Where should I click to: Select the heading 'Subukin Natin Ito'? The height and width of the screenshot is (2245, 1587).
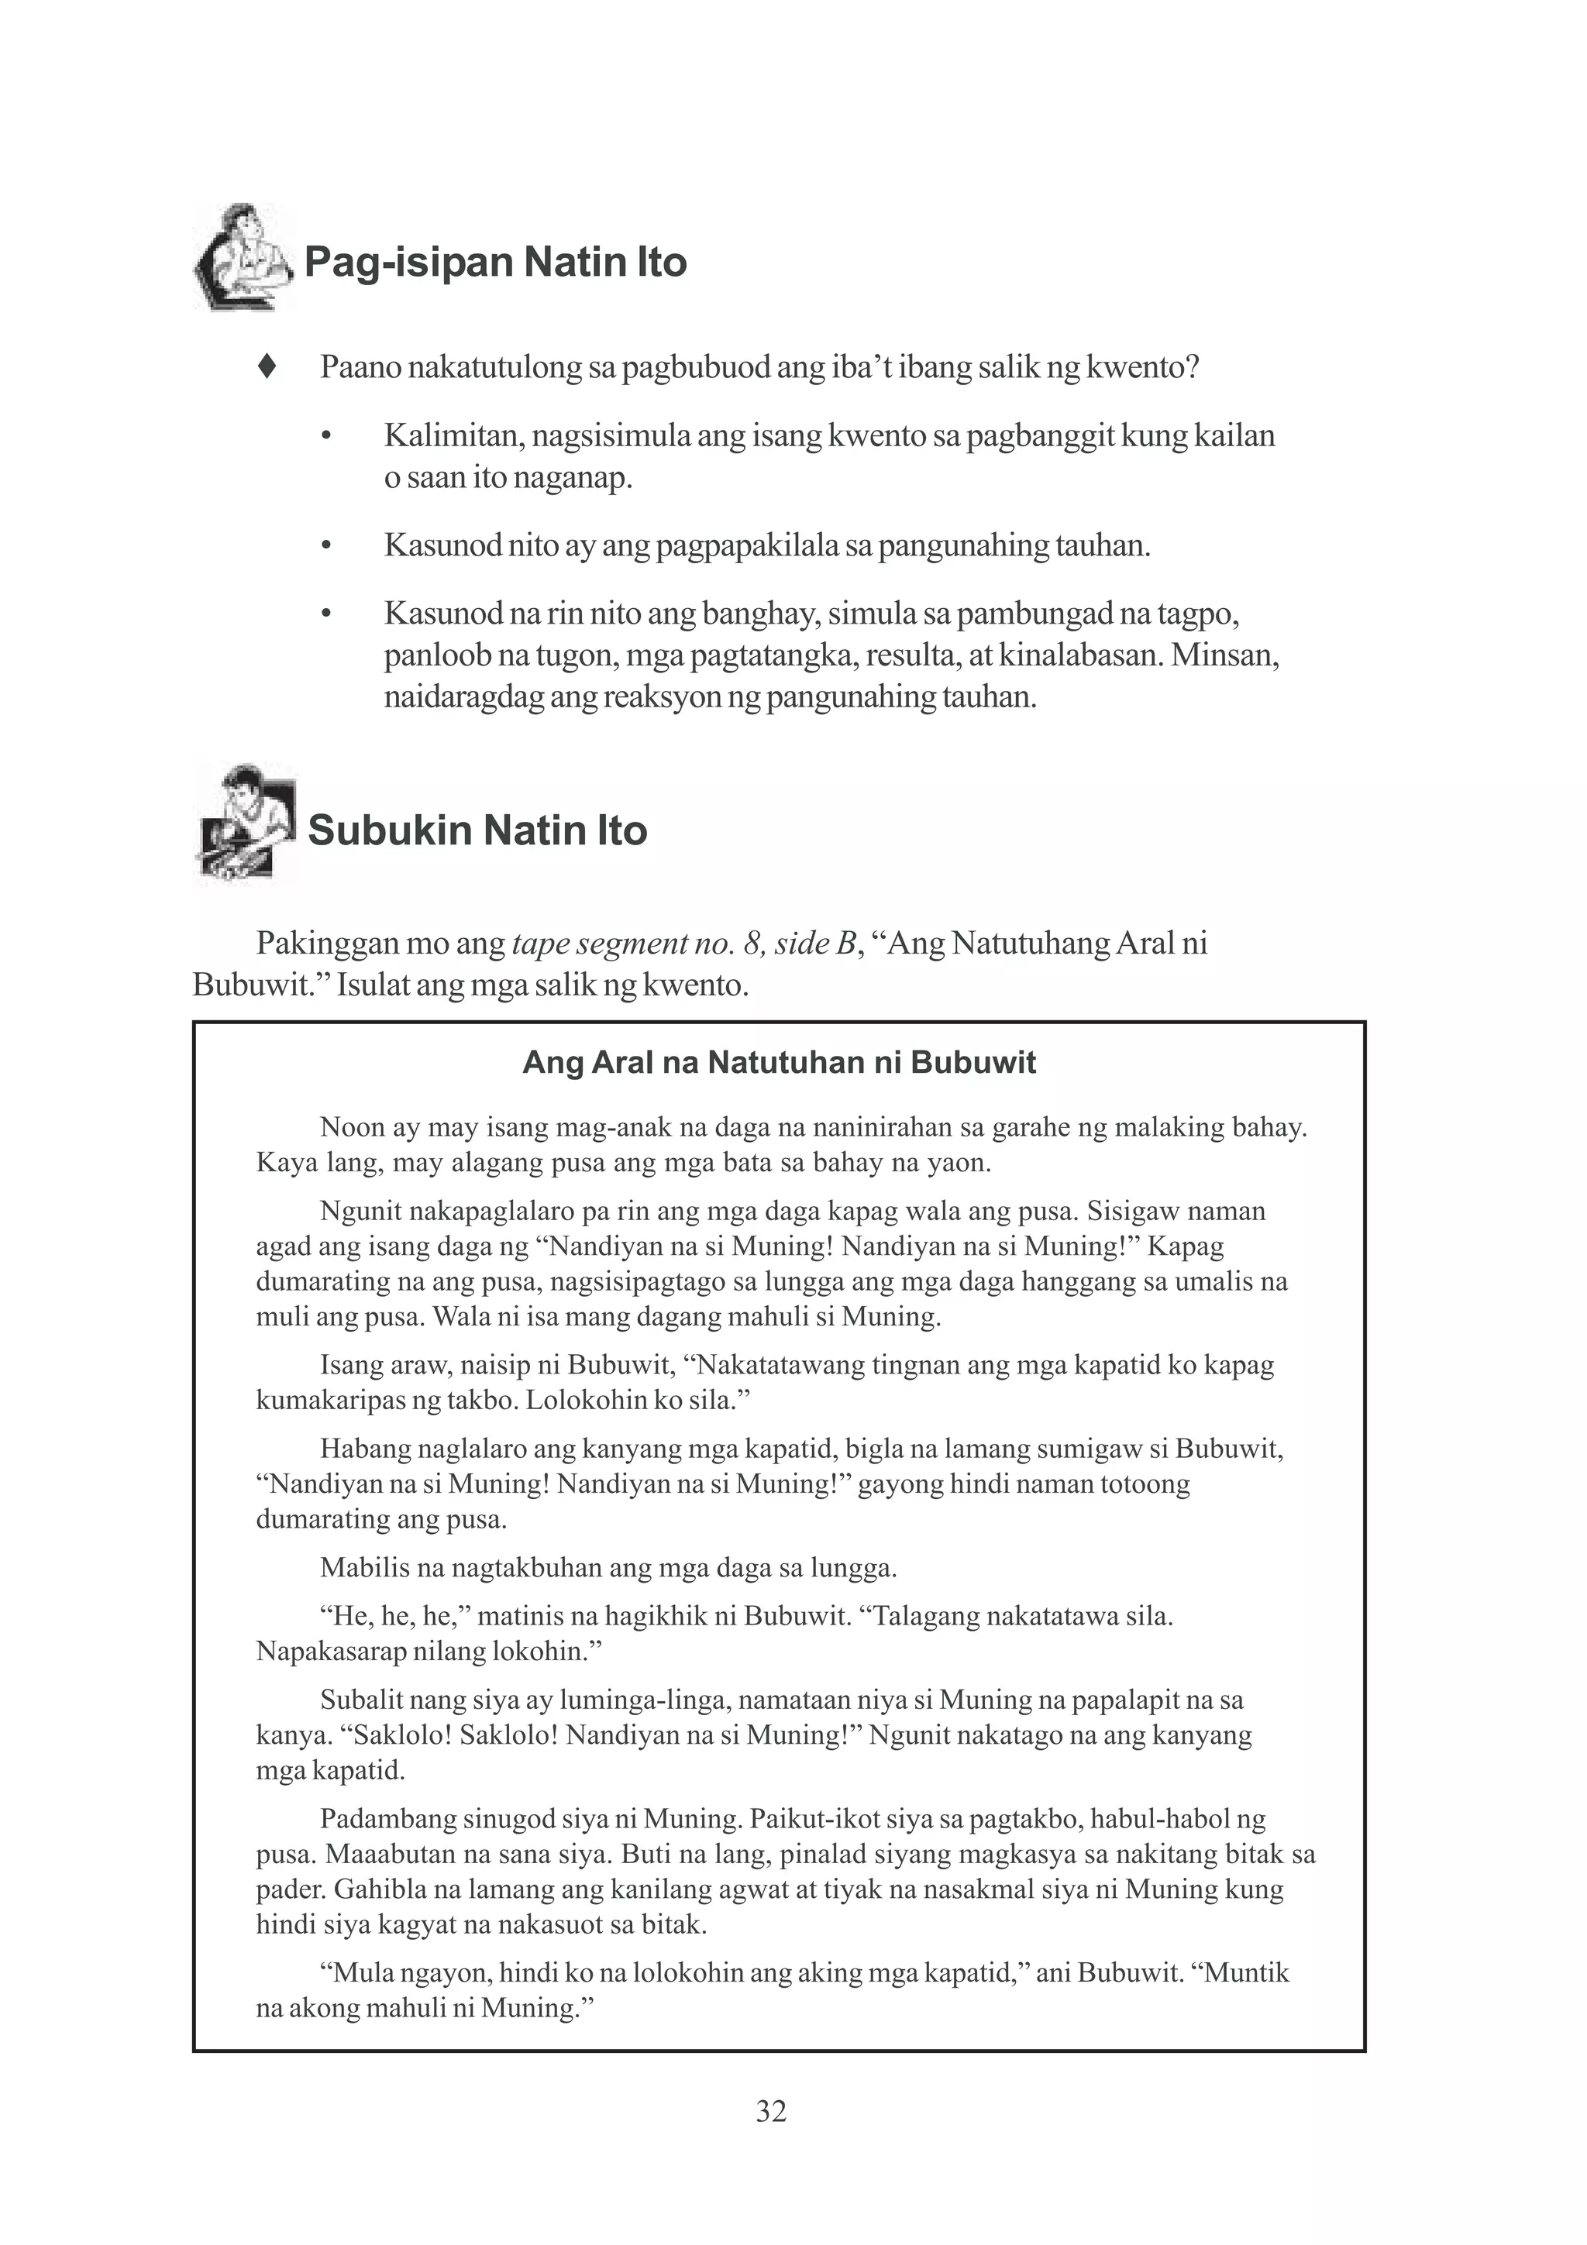[x=477, y=831]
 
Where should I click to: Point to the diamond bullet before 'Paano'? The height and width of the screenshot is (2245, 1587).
[x=265, y=368]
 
